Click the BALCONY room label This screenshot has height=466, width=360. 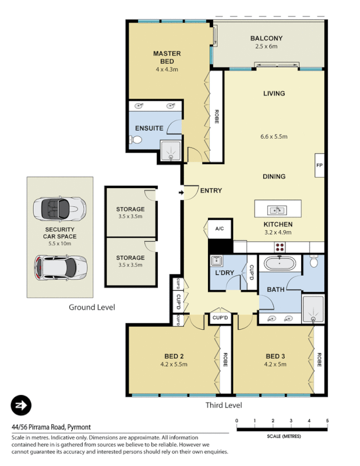tap(266, 38)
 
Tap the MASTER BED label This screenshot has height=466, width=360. tap(167, 57)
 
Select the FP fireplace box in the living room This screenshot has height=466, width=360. tap(319, 165)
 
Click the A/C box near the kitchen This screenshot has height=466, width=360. tap(220, 229)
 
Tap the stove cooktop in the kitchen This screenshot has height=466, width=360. tap(283, 246)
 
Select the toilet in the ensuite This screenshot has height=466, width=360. tap(136, 140)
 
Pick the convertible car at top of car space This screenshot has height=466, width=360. tap(59, 207)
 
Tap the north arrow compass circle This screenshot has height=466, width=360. tap(21, 405)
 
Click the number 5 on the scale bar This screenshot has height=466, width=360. tap(327, 421)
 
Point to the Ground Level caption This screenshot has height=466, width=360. tap(91, 307)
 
